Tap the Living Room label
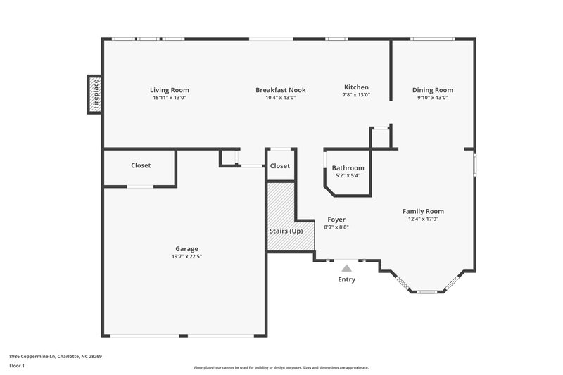(x=170, y=90)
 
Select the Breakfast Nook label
(x=275, y=90)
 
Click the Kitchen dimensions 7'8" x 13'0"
(x=356, y=95)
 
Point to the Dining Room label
(x=432, y=90)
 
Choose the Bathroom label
(x=348, y=168)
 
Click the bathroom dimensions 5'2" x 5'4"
(x=348, y=176)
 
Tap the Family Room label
(x=423, y=211)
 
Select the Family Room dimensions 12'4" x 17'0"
(x=423, y=219)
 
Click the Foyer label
(x=336, y=220)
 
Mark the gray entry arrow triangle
(x=346, y=267)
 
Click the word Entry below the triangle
(x=346, y=279)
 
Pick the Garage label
(x=186, y=248)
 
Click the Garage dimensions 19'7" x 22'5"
(x=186, y=256)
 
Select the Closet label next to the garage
(x=141, y=165)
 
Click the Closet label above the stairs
(x=279, y=166)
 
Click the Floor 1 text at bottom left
(x=17, y=367)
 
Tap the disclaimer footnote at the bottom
(x=281, y=367)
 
